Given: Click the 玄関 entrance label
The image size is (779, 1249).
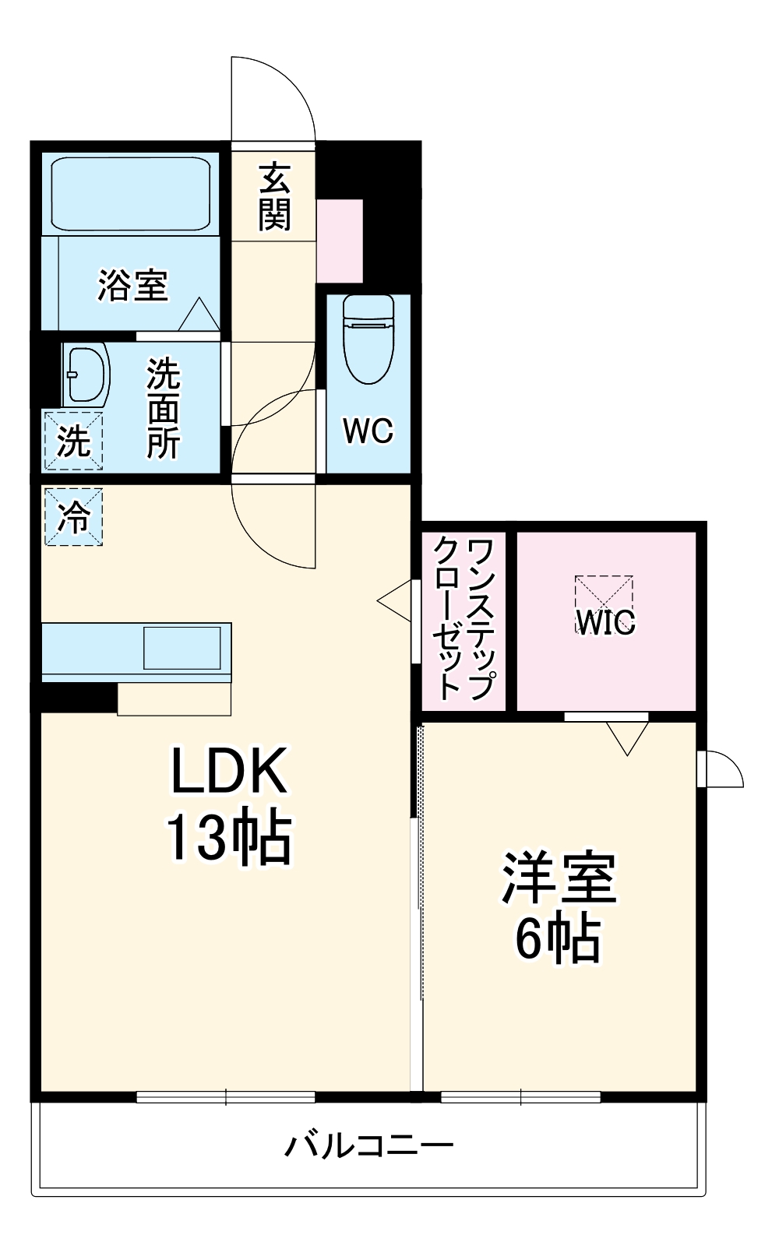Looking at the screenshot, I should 274,197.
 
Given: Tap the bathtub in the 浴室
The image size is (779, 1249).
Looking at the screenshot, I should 131,193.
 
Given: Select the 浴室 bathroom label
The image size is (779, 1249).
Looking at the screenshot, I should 132,285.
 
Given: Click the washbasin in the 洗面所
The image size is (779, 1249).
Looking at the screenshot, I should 85,375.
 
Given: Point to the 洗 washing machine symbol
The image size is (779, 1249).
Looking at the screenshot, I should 73,442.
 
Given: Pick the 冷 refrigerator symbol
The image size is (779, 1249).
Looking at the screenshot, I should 73,516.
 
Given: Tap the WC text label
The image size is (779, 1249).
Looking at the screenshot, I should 368,430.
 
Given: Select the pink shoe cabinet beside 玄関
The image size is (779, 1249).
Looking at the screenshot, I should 340,241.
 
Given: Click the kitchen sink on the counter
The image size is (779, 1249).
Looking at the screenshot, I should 182,647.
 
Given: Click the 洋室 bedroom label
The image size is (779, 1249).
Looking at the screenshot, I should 559,878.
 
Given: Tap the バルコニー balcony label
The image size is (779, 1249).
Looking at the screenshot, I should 368,1145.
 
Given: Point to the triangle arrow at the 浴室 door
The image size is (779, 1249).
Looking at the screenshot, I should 199,315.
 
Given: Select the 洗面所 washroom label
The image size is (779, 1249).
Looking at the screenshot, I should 164,407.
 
